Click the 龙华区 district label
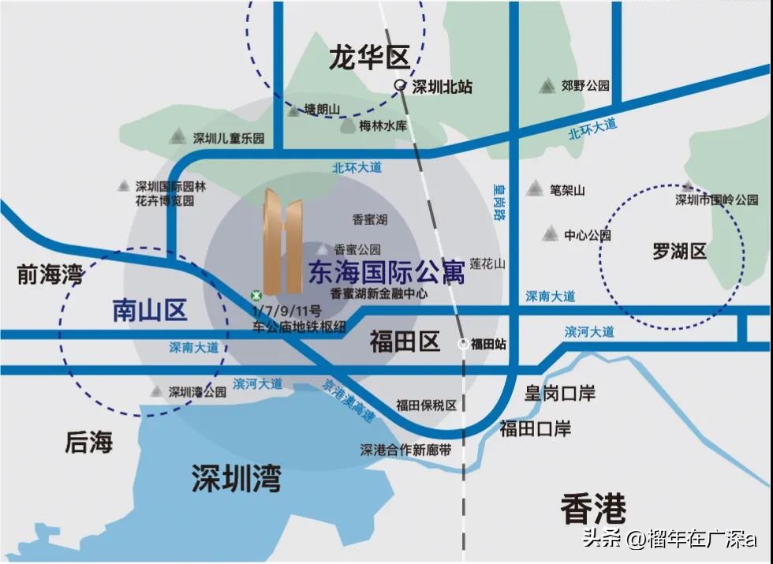[x=370, y=58]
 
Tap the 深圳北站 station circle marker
[x=401, y=86]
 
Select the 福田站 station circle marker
[x=463, y=343]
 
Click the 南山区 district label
[x=150, y=311]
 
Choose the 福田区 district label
[x=405, y=342]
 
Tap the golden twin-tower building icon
[x=282, y=241]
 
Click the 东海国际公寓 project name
[x=386, y=272]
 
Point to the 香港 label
[x=593, y=509]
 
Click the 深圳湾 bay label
[x=236, y=478]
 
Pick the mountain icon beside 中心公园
[x=550, y=233]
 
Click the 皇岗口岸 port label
[x=560, y=393]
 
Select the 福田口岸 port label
[x=536, y=429]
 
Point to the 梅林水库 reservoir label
[x=383, y=125]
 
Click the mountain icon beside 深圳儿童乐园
[x=178, y=136]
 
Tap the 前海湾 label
[x=50, y=275]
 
